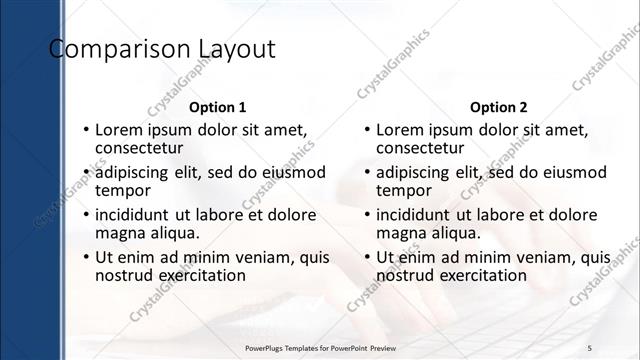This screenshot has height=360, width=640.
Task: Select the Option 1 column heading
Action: pyautogui.click(x=217, y=107)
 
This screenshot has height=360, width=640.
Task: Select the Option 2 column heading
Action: pyautogui.click(x=498, y=107)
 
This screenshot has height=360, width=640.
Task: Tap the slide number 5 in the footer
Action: pyautogui.click(x=590, y=346)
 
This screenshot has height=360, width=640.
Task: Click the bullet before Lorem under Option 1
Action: pyautogui.click(x=86, y=130)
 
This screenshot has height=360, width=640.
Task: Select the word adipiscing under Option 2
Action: pyautogui.click(x=418, y=172)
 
